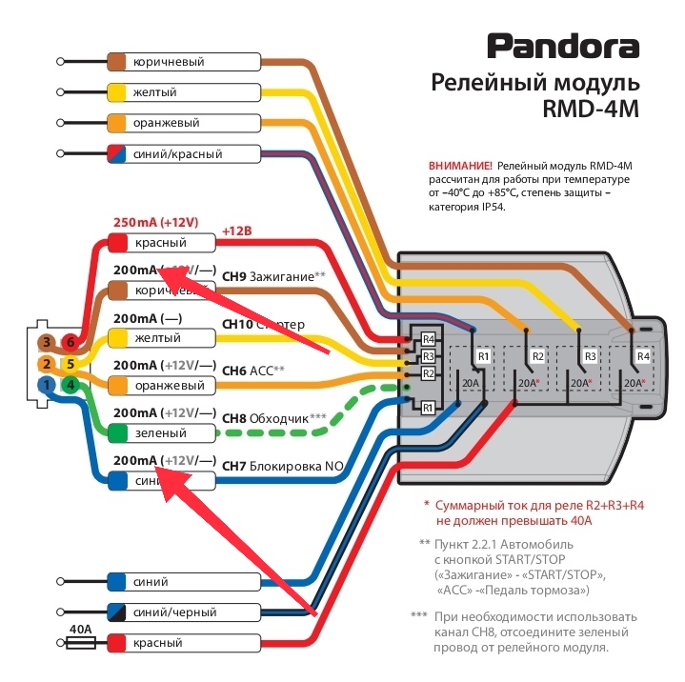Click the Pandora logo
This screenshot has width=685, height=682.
(x=564, y=45)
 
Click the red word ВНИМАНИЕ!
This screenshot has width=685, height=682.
(x=461, y=166)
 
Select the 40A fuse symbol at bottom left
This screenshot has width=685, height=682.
(x=81, y=644)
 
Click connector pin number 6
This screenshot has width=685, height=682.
(x=69, y=342)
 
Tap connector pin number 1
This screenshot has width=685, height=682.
(x=45, y=385)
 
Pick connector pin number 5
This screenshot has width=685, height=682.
(x=69, y=364)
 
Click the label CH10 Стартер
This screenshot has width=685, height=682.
(x=263, y=325)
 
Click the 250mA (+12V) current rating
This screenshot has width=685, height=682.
(x=155, y=223)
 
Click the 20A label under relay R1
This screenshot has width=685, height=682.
(x=471, y=383)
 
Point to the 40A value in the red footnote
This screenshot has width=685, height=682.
(x=580, y=521)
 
